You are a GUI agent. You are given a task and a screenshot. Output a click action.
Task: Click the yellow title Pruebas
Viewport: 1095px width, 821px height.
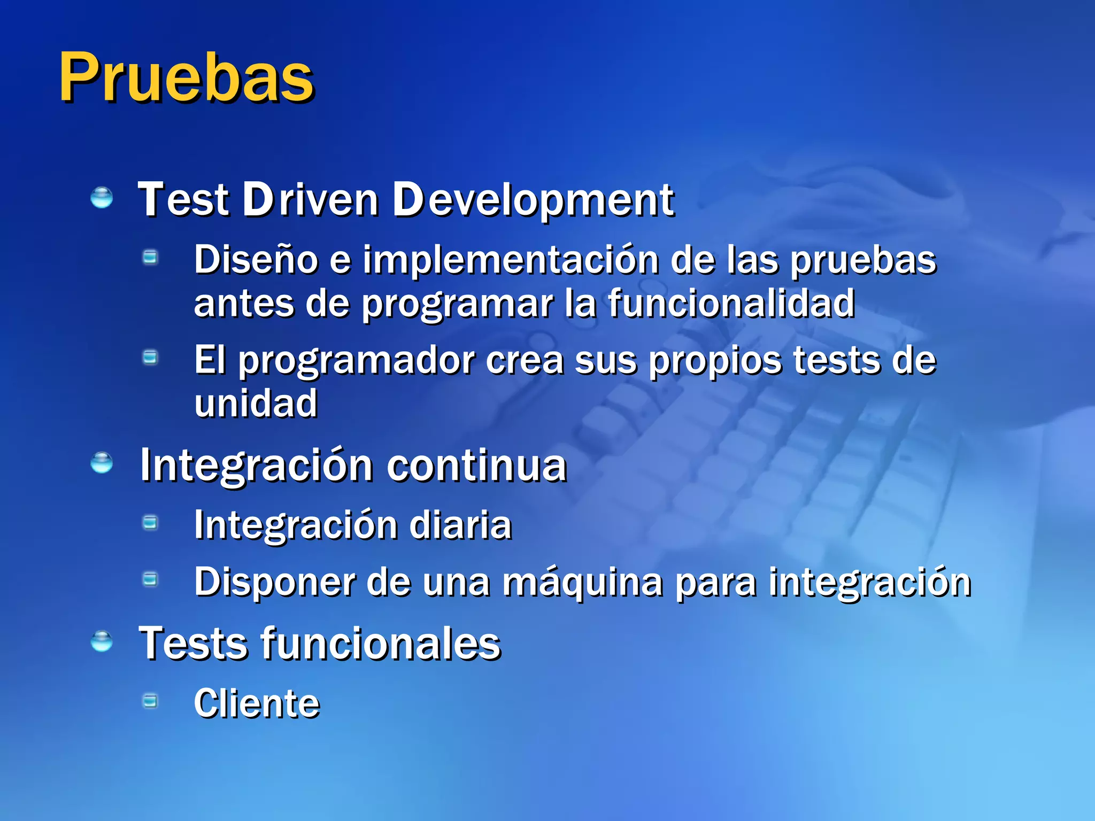coord(186,78)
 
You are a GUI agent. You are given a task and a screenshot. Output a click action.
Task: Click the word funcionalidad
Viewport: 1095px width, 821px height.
coord(731,304)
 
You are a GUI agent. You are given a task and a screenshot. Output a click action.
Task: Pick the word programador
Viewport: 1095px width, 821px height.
coord(357,361)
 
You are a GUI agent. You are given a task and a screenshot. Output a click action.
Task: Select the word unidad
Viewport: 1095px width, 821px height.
coord(256,404)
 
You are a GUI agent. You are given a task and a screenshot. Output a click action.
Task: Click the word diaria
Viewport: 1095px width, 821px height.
coord(460,525)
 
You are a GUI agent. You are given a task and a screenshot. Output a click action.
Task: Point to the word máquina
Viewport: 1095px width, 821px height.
coord(582,583)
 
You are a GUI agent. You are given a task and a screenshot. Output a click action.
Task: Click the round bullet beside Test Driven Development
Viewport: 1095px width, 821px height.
coord(102,197)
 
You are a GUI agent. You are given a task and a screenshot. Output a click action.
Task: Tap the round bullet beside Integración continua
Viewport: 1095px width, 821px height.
coord(102,463)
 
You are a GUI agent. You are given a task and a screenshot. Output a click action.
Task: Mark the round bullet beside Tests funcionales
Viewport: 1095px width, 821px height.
coord(102,641)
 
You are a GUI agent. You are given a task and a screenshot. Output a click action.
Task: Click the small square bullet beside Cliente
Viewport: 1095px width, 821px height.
coord(151,700)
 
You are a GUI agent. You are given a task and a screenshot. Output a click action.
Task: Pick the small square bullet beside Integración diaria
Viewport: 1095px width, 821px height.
coord(151,522)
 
